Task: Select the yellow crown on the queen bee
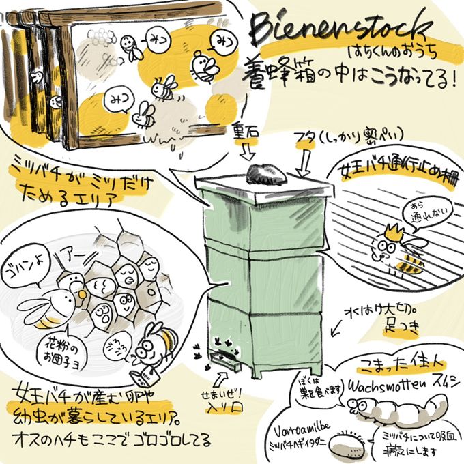(x=390, y=229)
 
